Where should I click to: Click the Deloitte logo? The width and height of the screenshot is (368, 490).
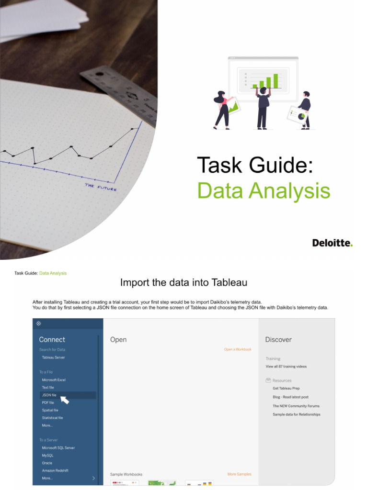pos(332,243)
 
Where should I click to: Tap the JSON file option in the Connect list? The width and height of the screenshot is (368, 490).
pos(49,395)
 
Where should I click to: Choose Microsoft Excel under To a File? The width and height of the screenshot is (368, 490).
pos(54,380)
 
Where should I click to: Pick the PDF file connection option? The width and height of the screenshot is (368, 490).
pos(48,402)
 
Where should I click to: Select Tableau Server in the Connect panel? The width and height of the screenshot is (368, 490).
pos(53,357)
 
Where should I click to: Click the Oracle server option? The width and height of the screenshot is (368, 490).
pos(47,463)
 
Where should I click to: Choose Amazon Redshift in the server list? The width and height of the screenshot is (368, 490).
pos(55,470)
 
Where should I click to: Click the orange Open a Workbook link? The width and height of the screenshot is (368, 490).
pos(238,349)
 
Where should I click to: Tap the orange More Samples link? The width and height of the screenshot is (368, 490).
pos(239,474)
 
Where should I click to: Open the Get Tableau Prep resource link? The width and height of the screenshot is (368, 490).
pos(286,389)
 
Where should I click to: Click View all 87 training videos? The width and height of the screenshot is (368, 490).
pos(286,367)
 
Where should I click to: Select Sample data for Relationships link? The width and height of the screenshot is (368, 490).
pos(296,414)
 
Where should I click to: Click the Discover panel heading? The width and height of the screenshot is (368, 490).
pos(278,340)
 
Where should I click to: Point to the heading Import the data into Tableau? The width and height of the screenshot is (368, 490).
pos(184,283)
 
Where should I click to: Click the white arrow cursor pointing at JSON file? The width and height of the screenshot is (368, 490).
pos(65,399)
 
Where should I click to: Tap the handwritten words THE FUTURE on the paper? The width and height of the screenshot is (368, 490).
pos(101,187)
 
